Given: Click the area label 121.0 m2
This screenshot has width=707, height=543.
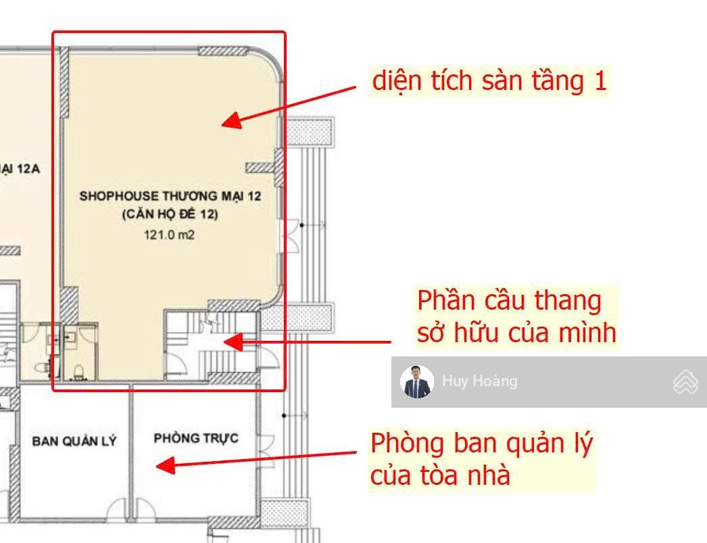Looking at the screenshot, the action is (169, 235).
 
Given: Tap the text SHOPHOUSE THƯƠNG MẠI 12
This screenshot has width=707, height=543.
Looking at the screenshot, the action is (170, 196).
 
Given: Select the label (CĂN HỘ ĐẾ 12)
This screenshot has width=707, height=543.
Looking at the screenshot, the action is (170, 214).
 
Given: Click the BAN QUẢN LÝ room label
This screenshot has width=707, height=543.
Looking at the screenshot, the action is (74, 441).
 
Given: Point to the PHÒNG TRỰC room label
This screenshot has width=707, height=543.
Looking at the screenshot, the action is (196, 438).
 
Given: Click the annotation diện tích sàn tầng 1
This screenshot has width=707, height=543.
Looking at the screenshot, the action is (489, 81).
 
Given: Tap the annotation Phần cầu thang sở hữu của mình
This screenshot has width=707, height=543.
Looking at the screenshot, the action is (516, 317).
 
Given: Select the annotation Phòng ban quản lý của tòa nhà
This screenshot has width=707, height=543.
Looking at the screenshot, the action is (481, 458).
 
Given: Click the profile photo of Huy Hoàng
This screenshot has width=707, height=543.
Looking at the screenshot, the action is (416, 381).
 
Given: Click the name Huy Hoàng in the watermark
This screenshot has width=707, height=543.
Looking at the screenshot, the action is (480, 381).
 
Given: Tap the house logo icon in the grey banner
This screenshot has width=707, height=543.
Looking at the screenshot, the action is (685, 381).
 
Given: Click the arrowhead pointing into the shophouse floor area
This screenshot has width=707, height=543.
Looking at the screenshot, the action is (233, 120).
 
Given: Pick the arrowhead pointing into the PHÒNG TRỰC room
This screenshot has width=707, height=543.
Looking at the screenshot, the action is (166, 465).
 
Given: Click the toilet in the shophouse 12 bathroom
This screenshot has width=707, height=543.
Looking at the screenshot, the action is (78, 373).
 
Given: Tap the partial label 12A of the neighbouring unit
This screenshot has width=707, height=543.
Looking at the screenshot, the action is (28, 169).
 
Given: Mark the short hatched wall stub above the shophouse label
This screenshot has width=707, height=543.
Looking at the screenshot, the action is (260, 168).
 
